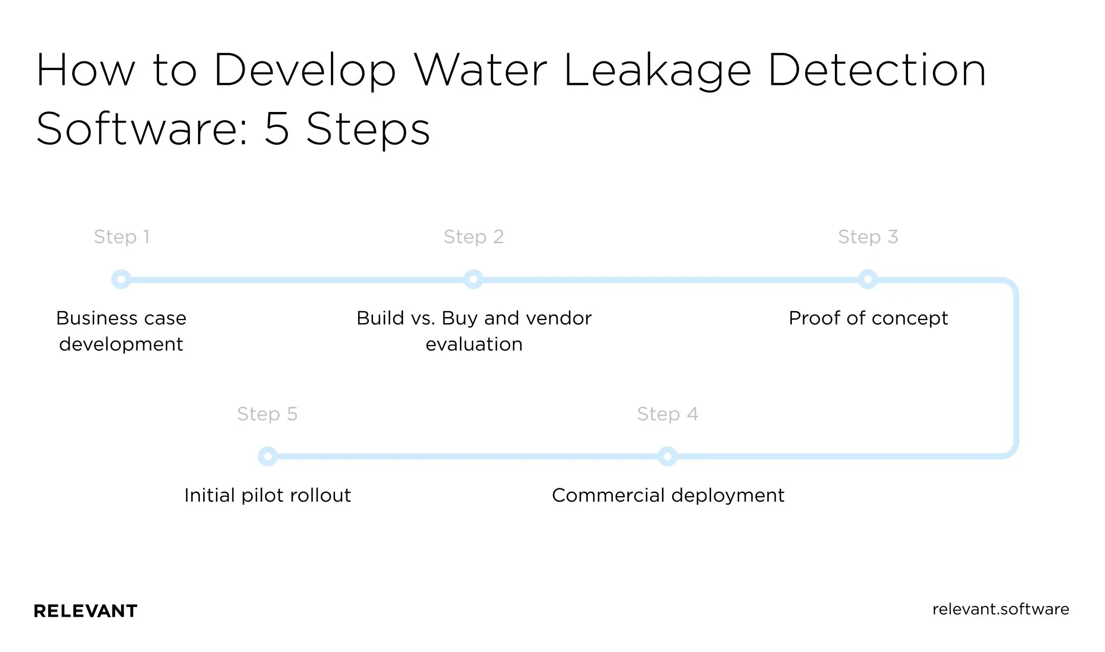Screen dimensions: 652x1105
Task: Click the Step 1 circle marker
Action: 121,279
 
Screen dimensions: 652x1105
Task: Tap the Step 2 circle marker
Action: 473,279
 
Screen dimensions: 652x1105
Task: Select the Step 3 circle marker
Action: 868,279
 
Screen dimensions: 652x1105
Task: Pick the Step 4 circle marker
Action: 667,456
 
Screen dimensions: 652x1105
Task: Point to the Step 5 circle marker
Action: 268,456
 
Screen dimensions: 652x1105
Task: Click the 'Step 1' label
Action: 122,237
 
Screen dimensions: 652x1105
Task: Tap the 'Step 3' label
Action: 868,237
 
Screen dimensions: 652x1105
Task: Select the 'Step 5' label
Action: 267,414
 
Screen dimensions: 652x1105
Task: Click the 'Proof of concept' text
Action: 868,318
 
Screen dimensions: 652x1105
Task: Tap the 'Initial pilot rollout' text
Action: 268,495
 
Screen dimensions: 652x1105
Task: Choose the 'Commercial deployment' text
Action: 668,495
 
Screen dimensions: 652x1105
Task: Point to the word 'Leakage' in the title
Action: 657,72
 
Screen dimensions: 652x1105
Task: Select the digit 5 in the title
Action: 277,128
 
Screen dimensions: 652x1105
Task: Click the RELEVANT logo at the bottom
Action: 85,611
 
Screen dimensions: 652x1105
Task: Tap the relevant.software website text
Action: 1000,609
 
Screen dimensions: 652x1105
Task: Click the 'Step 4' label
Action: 667,414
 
